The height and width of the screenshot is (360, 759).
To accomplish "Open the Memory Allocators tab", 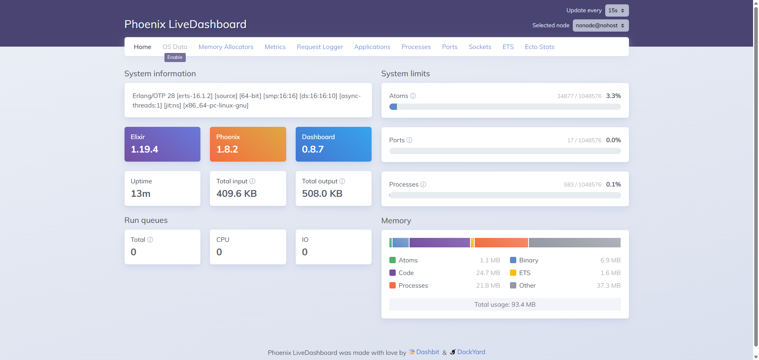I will (x=226, y=47).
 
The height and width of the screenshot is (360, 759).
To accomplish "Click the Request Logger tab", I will (x=320, y=47).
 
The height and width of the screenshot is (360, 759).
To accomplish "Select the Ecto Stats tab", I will (x=539, y=47).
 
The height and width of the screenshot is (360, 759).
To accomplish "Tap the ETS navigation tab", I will (x=508, y=47).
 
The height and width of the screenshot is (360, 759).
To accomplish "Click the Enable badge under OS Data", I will (x=175, y=57).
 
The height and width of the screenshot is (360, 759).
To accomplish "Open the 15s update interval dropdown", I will (x=616, y=10).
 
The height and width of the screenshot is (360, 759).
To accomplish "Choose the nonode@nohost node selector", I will (x=600, y=25).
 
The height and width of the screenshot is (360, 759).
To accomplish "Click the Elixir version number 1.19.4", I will (x=144, y=149).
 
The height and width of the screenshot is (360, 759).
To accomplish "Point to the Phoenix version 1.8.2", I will (x=227, y=149).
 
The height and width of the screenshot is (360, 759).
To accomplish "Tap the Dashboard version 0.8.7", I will (x=313, y=149).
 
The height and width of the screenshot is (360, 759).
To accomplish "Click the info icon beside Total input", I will (x=252, y=181).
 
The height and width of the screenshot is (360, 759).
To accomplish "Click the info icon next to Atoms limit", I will (x=413, y=96).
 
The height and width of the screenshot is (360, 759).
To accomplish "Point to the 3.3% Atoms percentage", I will (x=613, y=96).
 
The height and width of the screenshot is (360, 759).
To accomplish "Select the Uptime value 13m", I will (x=141, y=194).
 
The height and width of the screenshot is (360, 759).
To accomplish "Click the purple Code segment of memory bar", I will (x=440, y=243).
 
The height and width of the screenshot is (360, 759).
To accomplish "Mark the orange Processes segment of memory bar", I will (x=501, y=243).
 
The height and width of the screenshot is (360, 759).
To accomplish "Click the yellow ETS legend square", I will (x=513, y=273).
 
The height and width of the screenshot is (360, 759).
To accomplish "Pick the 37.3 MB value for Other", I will (x=608, y=285).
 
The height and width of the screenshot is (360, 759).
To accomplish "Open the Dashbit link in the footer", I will (x=427, y=352).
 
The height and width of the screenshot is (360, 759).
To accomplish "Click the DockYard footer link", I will (x=471, y=352).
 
